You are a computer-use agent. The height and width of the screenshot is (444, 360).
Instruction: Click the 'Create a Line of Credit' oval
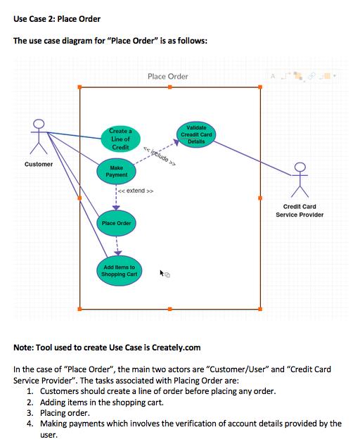[x=120, y=139]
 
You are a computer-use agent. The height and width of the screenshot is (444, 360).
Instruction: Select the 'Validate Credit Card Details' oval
[x=196, y=134]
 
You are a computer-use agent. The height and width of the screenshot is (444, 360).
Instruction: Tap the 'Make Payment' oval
[x=117, y=171]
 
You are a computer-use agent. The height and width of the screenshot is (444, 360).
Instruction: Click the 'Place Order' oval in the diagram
[x=116, y=223]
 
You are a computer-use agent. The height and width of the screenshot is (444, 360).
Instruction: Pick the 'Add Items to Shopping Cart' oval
[x=120, y=270]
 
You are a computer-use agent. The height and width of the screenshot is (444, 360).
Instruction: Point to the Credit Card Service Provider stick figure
[x=300, y=181]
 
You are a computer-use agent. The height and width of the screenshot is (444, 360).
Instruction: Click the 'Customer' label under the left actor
[x=39, y=164]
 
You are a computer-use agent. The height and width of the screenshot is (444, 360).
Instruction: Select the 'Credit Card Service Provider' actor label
[x=300, y=210]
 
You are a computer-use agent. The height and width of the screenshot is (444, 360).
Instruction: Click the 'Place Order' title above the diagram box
[x=168, y=76]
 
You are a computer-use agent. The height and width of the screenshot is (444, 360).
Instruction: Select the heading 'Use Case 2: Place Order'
[x=57, y=18]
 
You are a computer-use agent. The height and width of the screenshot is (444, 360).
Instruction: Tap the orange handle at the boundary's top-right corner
[x=261, y=87]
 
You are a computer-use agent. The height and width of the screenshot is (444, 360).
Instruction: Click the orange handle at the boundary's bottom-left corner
[x=79, y=309]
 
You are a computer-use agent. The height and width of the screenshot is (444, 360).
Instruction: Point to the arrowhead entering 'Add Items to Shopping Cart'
[x=117, y=254]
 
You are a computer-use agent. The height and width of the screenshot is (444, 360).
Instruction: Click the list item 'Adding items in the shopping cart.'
[x=102, y=402]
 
